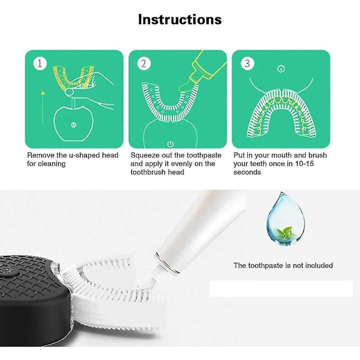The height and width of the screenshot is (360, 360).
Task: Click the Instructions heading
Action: pyautogui.click(x=180, y=19)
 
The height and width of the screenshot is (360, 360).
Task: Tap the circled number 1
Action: pyautogui.click(x=40, y=64)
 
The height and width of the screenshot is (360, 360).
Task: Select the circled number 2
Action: pyautogui.click(x=144, y=64)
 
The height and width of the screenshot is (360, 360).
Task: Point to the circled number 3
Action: pyautogui.click(x=247, y=64)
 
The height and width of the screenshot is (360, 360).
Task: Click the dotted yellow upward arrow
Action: pyautogui.click(x=43, y=107)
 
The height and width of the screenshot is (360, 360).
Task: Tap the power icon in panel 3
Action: pyautogui.click(x=281, y=68)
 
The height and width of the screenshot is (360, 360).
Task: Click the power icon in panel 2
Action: pyautogui.click(x=170, y=144)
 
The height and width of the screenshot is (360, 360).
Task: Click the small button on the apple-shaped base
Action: pyautogui.click(x=74, y=125)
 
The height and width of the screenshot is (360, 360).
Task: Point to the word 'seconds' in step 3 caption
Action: pyautogui.click(x=247, y=172)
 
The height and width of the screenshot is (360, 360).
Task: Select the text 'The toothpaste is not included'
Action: pyautogui.click(x=283, y=265)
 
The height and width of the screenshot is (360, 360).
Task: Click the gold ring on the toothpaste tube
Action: pyautogui.click(x=167, y=263)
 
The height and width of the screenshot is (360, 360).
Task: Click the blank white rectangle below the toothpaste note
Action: pyautogui.click(x=281, y=289)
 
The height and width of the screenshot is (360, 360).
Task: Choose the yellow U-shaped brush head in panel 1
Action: pyautogui.click(x=73, y=77)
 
